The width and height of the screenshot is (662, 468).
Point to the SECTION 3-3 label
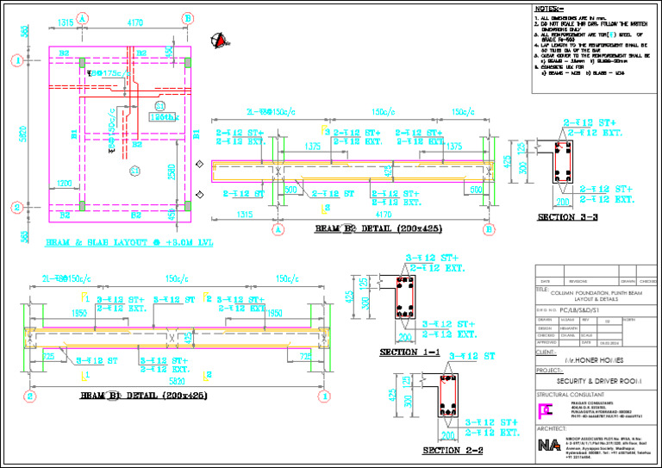567,217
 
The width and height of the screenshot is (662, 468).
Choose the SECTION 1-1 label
409,353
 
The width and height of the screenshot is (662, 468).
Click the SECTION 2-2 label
453,450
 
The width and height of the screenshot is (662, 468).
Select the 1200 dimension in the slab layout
65,184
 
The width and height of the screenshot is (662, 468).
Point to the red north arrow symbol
222,40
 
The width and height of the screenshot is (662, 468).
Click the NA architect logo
547,446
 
